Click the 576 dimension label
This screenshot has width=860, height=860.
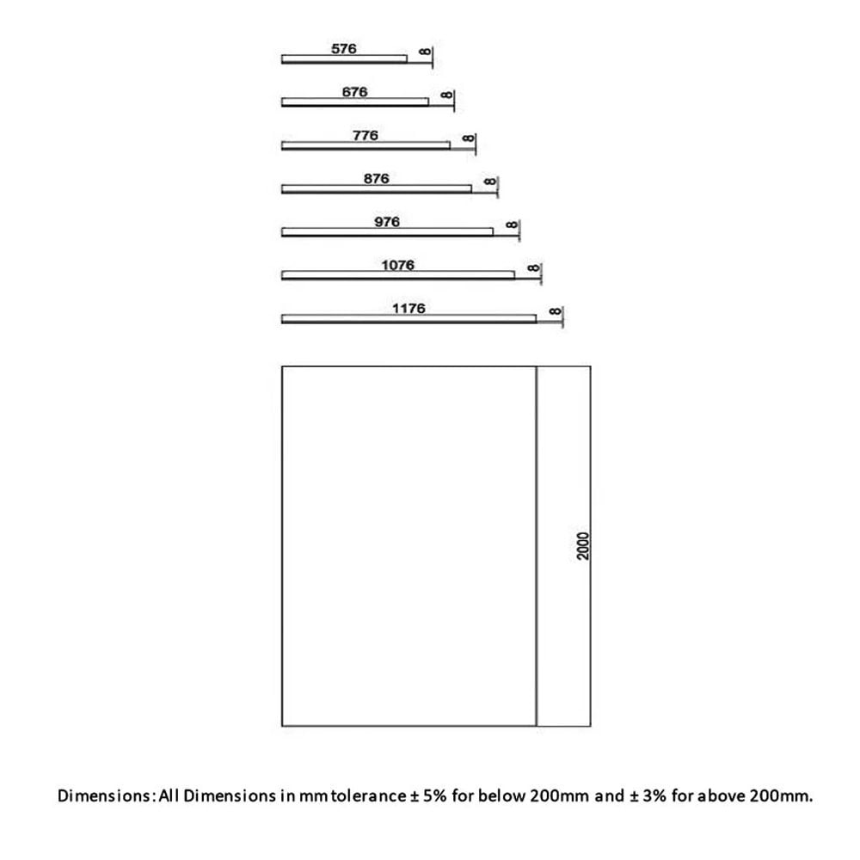point(344,49)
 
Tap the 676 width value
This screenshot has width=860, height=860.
point(354,92)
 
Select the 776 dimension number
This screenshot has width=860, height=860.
point(365,136)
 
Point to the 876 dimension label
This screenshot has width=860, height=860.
point(377,179)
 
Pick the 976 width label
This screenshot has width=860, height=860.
point(387,222)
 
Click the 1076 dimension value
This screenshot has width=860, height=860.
point(397,266)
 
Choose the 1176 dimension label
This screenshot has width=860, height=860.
point(408,309)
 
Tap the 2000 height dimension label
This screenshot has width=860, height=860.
point(583,546)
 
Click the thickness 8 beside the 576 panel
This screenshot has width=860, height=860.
point(425,52)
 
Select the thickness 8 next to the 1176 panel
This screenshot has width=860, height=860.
point(555,311)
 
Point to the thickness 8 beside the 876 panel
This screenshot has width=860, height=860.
point(490,181)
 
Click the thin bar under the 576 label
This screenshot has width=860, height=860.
point(345,59)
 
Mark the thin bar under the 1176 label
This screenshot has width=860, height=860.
point(408,319)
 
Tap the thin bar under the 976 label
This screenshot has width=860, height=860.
point(387,232)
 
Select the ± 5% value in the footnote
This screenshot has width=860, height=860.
point(428,795)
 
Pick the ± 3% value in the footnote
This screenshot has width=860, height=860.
point(648,795)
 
